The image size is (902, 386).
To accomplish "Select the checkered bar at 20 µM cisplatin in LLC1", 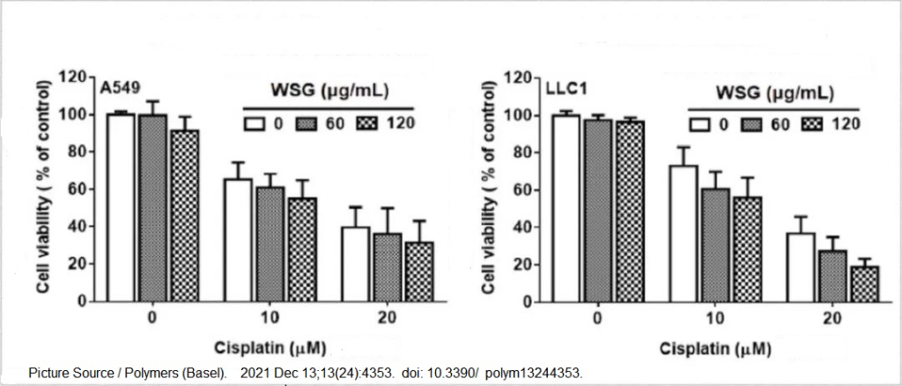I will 864,284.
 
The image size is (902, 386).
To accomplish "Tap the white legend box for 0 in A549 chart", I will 255,122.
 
